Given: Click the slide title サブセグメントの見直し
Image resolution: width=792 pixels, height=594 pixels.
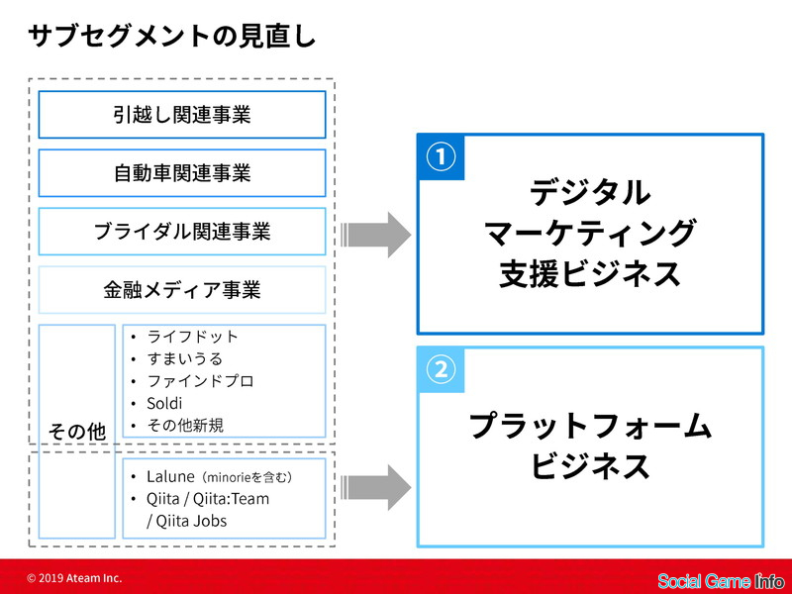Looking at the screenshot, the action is (x=171, y=37).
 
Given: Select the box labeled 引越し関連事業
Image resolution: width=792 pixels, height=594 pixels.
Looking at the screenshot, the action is (x=182, y=115).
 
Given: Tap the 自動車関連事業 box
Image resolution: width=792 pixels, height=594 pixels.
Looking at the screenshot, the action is (x=182, y=172).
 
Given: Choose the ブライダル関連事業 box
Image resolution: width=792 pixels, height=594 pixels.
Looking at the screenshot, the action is (x=182, y=232).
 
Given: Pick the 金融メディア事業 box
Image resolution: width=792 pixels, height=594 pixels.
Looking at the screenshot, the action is (x=182, y=290).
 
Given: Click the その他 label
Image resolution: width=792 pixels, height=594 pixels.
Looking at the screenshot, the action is (x=77, y=432).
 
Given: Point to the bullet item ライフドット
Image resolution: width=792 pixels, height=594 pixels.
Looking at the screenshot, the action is (x=192, y=337).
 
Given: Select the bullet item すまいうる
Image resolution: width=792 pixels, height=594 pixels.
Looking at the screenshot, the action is (x=184, y=358).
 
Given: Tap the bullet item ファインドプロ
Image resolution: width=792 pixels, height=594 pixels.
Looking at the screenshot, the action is (x=200, y=381).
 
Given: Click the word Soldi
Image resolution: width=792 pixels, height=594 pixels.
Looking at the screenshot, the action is (x=164, y=403).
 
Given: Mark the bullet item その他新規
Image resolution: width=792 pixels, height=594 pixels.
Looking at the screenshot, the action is (x=185, y=426).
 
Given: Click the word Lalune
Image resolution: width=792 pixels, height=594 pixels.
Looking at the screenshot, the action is (x=170, y=476).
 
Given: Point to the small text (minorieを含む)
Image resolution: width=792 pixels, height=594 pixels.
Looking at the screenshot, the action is (x=247, y=477).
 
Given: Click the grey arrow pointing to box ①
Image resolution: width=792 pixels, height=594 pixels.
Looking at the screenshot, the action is (x=376, y=235).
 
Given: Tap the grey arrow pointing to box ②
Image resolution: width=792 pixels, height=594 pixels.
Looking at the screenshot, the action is (x=376, y=488).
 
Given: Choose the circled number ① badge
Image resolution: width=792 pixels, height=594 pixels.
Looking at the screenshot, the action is (x=441, y=156).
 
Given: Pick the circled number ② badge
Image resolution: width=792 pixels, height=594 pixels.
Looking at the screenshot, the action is (x=441, y=369).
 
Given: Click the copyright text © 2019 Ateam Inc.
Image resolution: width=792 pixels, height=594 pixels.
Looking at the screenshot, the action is (x=75, y=578).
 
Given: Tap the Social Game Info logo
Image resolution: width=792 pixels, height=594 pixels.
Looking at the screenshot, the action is (x=721, y=581).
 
